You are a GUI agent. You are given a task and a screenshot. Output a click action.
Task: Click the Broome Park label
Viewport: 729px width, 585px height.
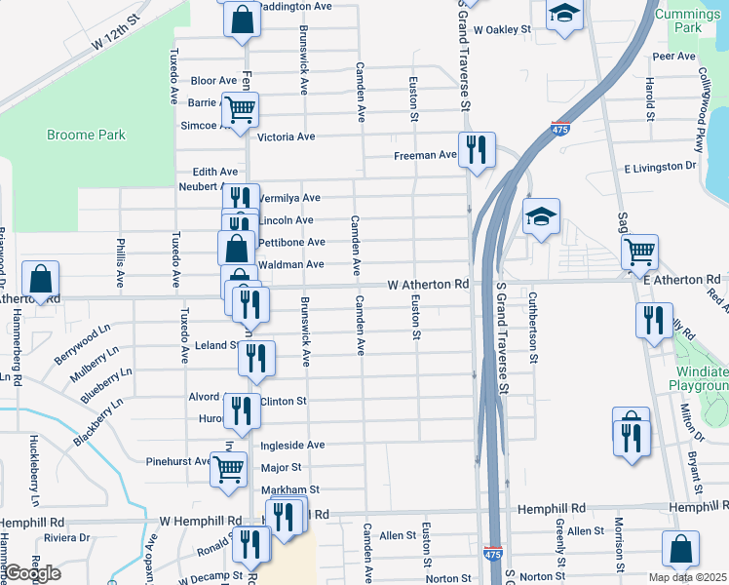point(86,135)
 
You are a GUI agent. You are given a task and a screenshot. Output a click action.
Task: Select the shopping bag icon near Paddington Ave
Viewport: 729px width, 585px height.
point(241,19)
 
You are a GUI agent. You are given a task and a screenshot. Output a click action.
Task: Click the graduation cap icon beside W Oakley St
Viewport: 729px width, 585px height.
point(563,15)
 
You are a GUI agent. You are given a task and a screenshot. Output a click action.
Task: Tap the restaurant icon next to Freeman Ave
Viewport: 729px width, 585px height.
point(476,149)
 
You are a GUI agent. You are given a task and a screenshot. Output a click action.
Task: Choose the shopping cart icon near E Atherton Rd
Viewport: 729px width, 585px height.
point(639,252)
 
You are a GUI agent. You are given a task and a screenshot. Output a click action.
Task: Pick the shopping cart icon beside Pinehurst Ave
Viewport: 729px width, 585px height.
point(228,468)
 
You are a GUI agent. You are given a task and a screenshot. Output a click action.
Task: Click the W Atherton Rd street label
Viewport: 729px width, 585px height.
point(428,285)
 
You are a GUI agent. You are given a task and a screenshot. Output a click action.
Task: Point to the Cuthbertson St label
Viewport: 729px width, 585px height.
point(534,326)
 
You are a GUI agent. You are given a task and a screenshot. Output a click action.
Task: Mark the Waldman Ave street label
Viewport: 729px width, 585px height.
point(290,264)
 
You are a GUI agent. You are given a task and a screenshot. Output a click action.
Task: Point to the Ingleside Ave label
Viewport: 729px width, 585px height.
point(292,445)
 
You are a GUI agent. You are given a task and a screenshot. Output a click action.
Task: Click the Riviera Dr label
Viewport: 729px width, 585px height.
point(69,537)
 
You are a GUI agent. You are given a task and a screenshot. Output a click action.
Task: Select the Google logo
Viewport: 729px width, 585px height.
point(32,573)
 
